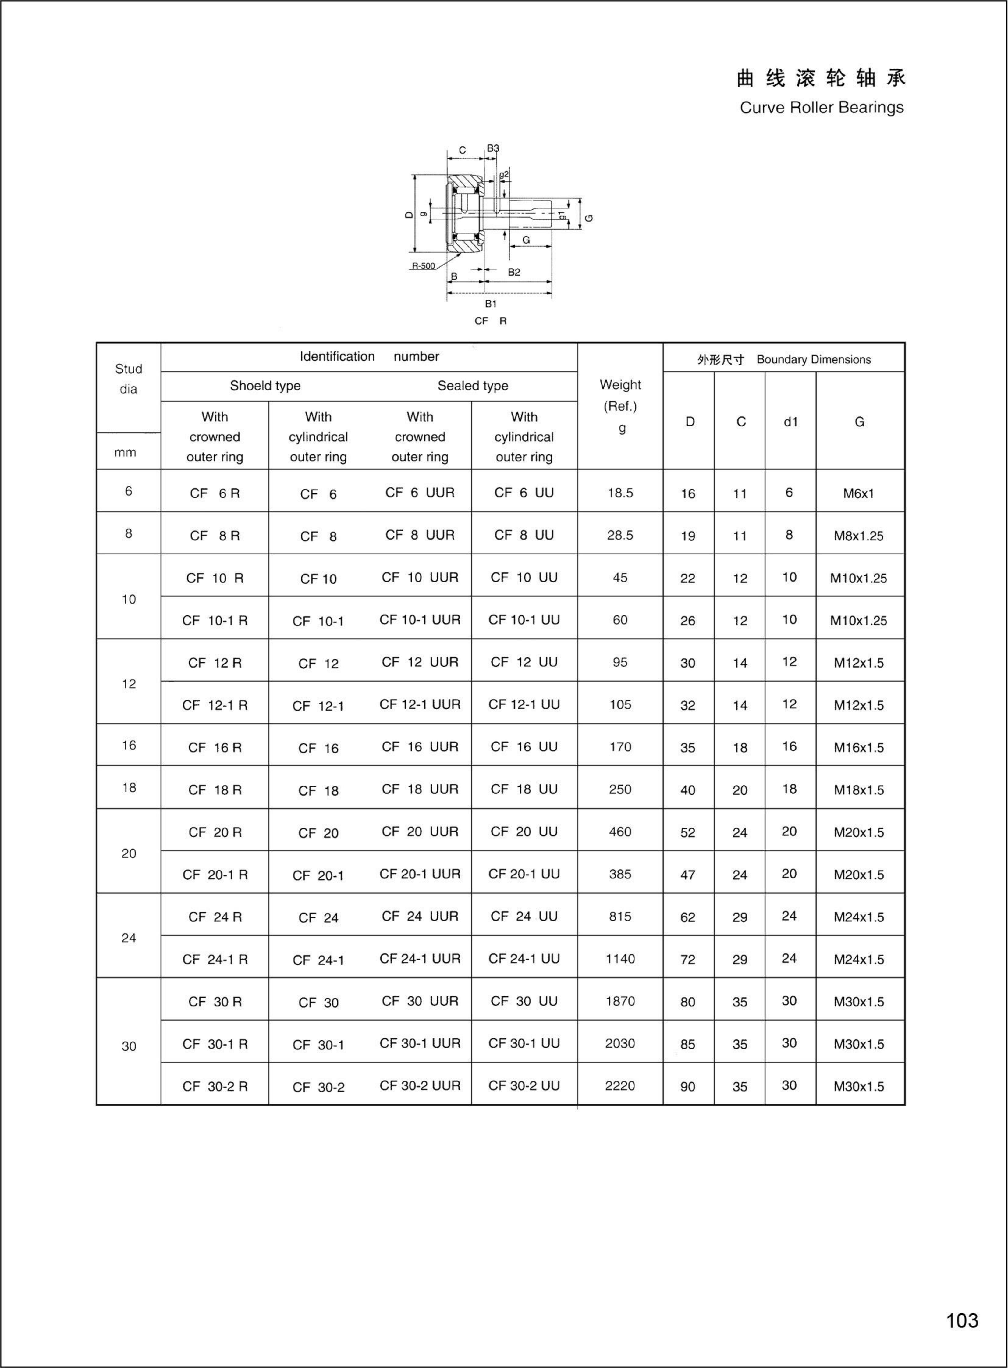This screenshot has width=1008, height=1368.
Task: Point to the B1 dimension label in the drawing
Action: [491, 303]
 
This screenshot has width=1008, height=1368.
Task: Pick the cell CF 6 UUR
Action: [420, 493]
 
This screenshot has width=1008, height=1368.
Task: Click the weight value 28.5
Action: [620, 535]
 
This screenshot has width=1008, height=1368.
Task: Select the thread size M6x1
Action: [858, 494]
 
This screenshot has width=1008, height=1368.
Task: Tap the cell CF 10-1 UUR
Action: [420, 620]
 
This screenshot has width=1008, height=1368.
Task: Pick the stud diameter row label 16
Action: [129, 745]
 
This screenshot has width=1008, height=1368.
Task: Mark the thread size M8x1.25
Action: [858, 536]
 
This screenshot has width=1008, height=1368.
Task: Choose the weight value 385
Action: [620, 874]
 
